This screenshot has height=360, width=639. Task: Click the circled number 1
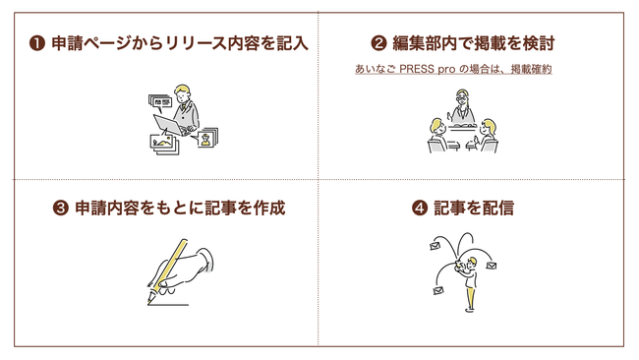(x=37, y=43)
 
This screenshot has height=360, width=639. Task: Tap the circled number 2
(x=378, y=43)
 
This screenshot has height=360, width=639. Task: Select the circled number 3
(x=61, y=209)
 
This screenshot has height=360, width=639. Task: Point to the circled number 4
(x=420, y=209)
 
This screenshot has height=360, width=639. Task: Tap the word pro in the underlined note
(x=446, y=69)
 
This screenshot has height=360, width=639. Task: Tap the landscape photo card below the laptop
(x=164, y=144)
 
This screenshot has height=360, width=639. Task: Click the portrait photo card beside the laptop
(x=207, y=138)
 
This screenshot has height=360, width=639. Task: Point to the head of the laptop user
(x=182, y=93)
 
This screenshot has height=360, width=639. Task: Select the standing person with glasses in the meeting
(x=462, y=106)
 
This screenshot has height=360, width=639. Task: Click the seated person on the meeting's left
(x=438, y=135)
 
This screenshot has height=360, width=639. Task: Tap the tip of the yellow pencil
(x=148, y=303)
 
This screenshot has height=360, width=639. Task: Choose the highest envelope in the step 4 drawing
(x=435, y=246)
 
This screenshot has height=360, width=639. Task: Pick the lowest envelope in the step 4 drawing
(x=438, y=291)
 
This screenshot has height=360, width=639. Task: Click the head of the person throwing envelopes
(x=472, y=262)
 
